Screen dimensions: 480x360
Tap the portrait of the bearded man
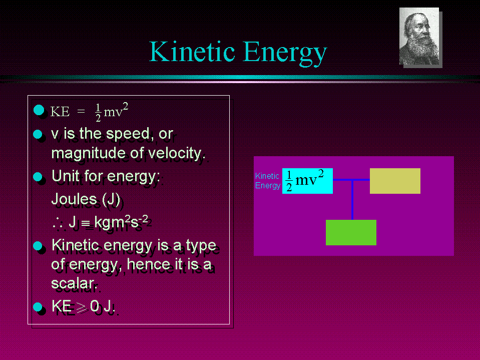(419, 36)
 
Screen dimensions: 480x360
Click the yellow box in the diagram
(395, 181)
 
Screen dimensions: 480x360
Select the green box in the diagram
(351, 232)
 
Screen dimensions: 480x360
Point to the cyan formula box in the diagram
(307, 181)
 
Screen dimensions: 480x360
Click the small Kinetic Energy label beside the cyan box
(268, 181)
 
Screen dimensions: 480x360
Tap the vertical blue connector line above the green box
(352, 200)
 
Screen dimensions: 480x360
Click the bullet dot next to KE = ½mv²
(39, 110)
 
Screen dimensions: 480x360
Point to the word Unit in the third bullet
(66, 176)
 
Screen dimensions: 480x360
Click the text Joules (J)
(86, 199)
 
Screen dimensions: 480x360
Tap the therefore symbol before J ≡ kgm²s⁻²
(58, 223)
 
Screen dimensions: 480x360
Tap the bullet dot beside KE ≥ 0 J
(38, 306)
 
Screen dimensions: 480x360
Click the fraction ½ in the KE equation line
(98, 113)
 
